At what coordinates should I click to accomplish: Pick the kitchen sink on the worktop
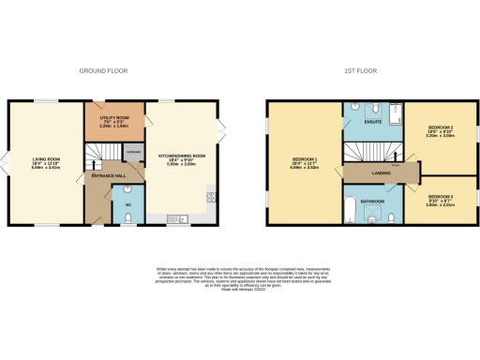(x=182, y=219)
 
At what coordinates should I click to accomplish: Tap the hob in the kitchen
(x=210, y=197)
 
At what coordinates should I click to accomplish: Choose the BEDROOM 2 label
(x=441, y=131)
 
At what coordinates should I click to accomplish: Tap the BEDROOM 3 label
(x=441, y=198)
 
